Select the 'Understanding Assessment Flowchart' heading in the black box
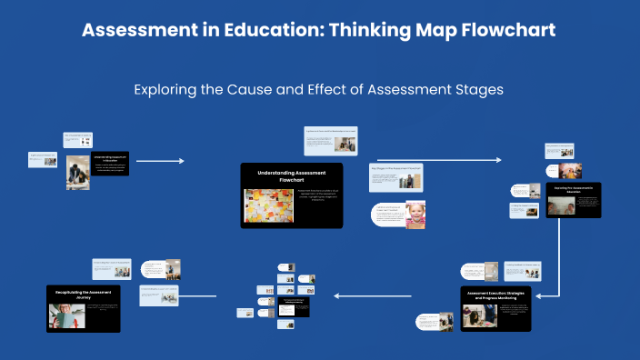(x=291, y=175)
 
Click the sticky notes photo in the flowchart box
(x=268, y=206)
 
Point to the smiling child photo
(x=415, y=214)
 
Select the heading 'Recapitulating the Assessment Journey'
(x=83, y=295)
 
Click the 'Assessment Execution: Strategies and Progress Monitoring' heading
(x=495, y=295)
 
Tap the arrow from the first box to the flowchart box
(x=159, y=161)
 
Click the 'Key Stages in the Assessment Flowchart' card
(x=395, y=178)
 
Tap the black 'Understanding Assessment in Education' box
(x=110, y=164)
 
